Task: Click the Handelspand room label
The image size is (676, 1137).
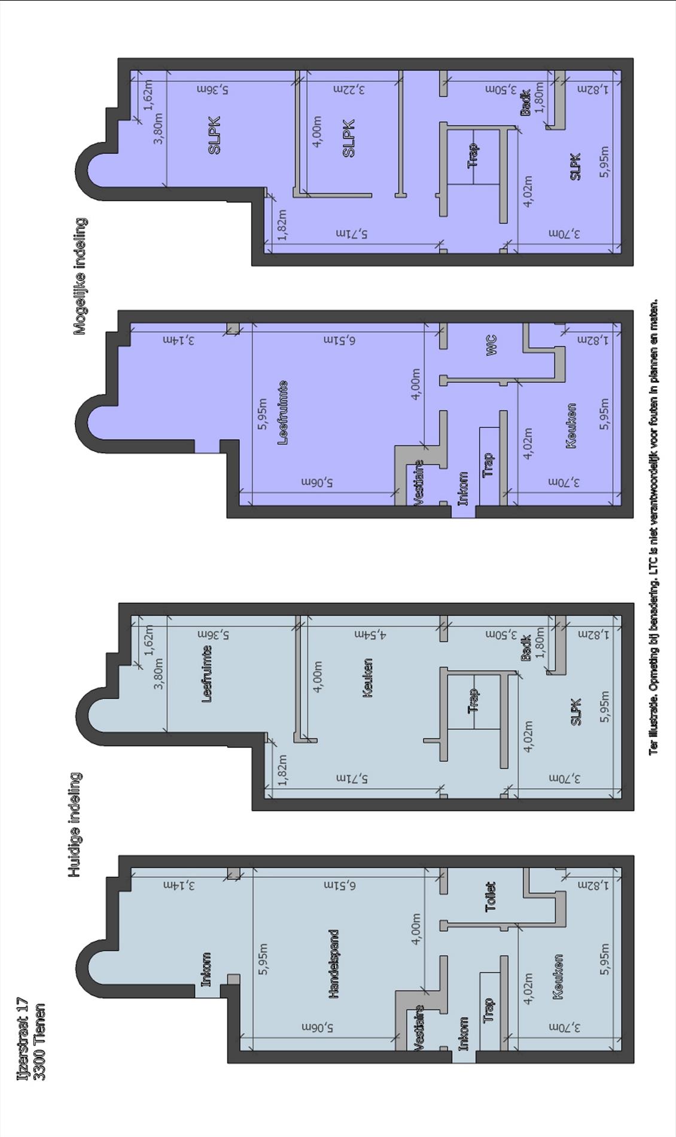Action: (334, 963)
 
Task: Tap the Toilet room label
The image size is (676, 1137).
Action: (491, 896)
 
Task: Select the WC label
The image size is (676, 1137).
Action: (491, 345)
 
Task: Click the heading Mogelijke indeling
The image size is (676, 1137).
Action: (80, 276)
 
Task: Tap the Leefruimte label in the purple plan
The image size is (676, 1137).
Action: (283, 412)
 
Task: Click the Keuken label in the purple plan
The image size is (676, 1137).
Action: (571, 425)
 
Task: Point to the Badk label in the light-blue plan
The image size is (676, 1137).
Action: (525, 647)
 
